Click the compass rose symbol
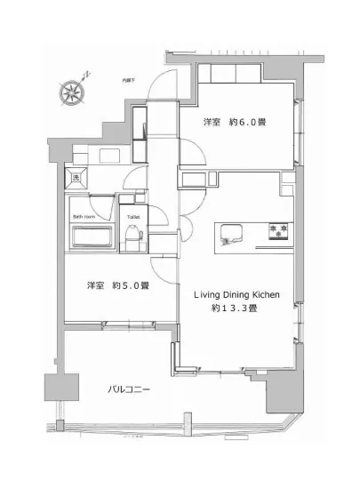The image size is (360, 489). click(x=70, y=89)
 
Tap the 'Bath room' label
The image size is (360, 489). click(x=84, y=216)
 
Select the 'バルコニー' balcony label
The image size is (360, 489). click(x=129, y=389)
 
